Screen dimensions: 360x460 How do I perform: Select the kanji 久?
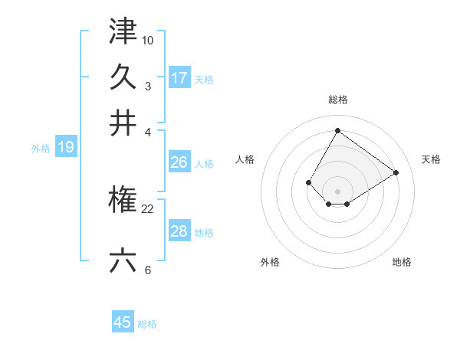[123, 77]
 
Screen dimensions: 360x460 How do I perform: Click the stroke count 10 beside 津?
[148, 39]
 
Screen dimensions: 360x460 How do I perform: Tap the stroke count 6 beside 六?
[147, 270]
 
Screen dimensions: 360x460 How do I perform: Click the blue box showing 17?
[179, 78]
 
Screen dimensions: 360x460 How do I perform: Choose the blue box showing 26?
[179, 162]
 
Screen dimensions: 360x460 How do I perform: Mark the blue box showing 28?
[179, 231]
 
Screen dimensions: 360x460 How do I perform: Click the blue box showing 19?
[65, 148]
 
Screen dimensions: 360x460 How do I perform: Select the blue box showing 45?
[123, 322]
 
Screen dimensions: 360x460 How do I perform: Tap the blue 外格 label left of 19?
[41, 149]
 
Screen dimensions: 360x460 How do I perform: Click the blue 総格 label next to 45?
[147, 324]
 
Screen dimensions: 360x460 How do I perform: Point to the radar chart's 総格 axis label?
[337, 100]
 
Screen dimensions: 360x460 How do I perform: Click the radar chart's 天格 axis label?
[431, 159]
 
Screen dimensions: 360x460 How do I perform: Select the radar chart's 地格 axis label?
[402, 262]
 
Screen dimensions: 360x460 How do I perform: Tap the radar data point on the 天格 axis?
[396, 172]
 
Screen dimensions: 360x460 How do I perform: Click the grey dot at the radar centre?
[337, 191]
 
